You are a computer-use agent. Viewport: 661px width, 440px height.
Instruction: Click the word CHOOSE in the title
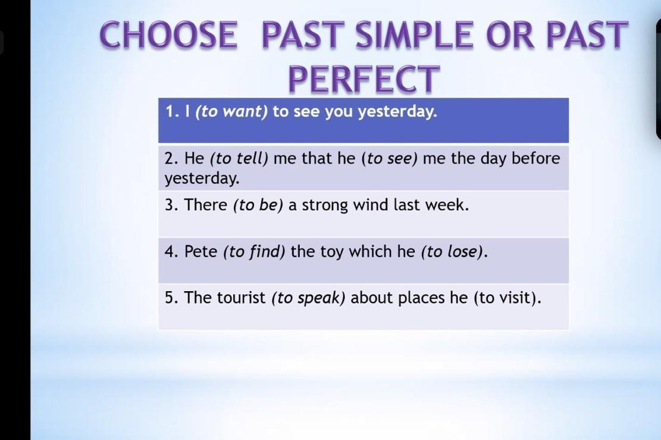(x=168, y=34)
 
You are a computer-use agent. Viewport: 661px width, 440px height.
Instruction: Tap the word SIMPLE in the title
(x=415, y=34)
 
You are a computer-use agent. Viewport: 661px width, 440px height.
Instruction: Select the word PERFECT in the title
(x=364, y=79)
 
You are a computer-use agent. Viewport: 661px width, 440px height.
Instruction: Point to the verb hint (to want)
(x=231, y=112)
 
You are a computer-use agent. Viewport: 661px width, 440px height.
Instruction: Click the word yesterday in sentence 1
(x=397, y=112)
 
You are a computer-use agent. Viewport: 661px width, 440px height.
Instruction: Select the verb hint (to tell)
(x=239, y=158)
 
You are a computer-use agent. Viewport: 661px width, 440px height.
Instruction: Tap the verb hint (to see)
(x=390, y=158)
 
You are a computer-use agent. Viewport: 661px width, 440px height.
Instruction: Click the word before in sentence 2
(x=536, y=158)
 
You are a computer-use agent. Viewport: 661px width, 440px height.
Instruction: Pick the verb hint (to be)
(x=258, y=205)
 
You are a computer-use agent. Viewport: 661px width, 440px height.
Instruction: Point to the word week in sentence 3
(x=446, y=205)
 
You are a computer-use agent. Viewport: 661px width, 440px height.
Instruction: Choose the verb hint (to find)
(x=254, y=252)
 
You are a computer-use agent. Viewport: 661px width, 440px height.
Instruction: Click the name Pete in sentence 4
(x=201, y=251)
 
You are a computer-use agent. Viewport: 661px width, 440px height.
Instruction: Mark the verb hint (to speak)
(x=308, y=298)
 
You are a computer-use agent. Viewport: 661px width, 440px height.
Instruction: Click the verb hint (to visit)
(x=505, y=298)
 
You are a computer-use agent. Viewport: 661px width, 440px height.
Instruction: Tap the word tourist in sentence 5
(x=242, y=298)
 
